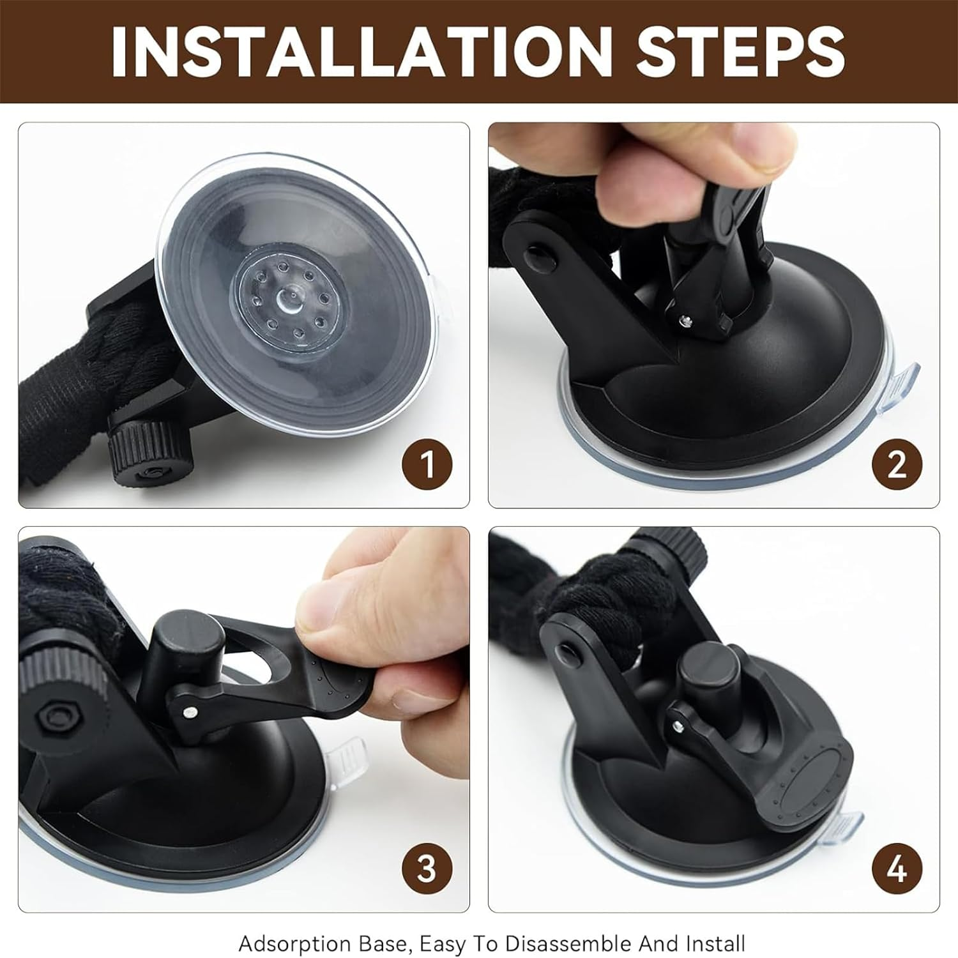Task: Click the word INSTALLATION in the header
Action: (x=361, y=51)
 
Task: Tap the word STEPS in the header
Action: (x=741, y=51)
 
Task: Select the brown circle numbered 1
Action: (x=427, y=464)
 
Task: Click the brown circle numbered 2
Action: (x=897, y=464)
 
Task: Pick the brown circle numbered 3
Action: (x=427, y=868)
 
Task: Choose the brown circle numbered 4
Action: (x=897, y=868)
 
